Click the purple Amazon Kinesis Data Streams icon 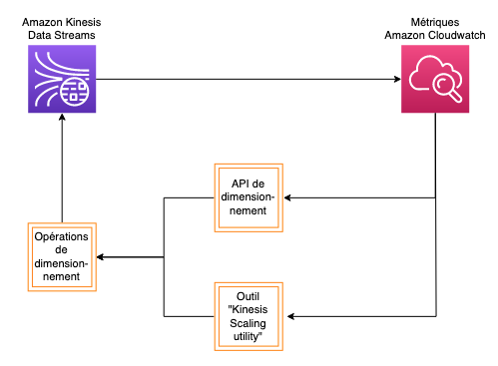point(62,79)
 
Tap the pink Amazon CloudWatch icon point(435,79)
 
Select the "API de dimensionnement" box point(249,197)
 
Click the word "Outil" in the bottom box point(249,296)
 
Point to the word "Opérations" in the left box point(62,236)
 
